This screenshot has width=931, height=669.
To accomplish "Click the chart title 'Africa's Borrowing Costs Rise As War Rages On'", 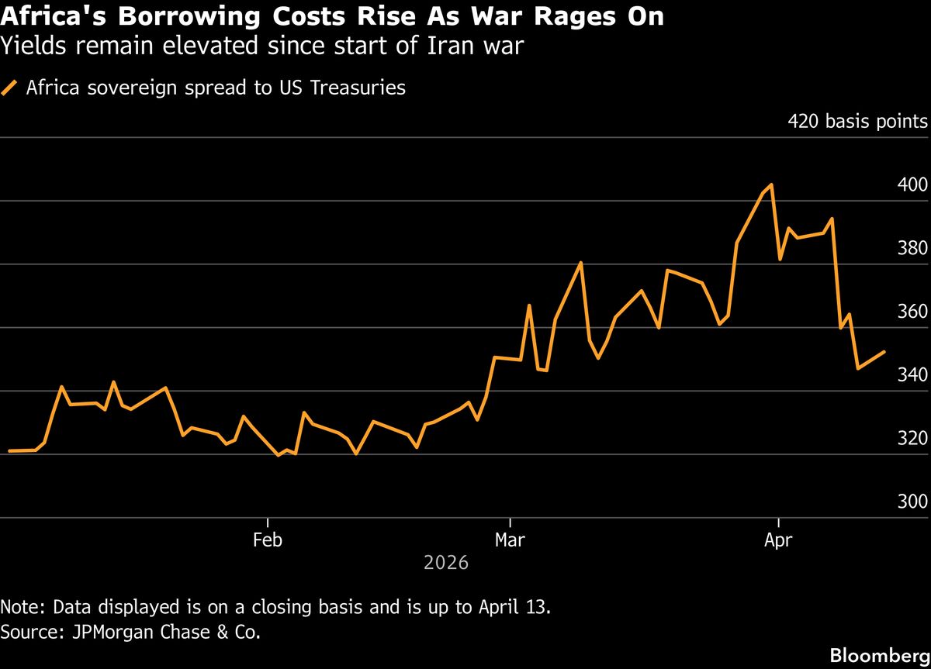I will coord(332,17).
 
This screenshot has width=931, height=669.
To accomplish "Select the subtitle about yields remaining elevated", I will coord(261,47).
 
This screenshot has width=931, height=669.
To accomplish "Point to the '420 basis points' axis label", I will coord(857,122).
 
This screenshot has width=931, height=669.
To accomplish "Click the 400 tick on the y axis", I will coord(912,185).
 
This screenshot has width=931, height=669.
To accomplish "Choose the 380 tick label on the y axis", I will coord(912,249).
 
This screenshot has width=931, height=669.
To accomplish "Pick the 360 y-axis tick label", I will coord(912,312).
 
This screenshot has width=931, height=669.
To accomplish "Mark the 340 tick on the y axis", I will coord(912,375).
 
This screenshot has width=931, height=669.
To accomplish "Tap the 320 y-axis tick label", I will coord(912,439).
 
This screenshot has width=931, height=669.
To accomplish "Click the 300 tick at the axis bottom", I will coord(912,502).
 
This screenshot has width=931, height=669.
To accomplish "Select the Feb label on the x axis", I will coord(267,540).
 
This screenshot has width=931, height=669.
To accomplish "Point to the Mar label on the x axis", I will coord(509,540).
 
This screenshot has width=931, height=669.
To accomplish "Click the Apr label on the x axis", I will coord(777,540).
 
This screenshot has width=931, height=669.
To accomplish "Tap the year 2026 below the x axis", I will coord(446,563).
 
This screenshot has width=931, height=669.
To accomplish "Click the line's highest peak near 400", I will coord(771,184).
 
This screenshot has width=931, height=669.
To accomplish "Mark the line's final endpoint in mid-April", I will coord(884,352).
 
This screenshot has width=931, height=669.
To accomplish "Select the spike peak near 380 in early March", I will coord(581,263).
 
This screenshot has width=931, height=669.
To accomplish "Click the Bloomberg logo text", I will coord(879,655).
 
